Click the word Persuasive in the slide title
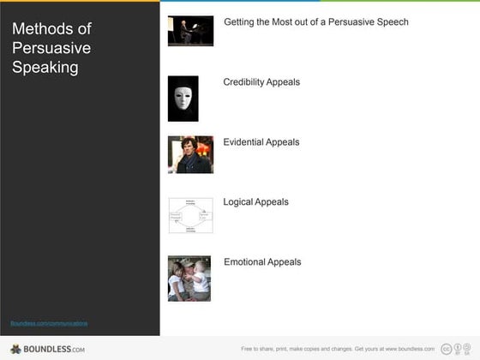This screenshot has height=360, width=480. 51,48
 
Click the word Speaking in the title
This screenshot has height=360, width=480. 45,67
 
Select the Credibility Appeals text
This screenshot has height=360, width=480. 261,82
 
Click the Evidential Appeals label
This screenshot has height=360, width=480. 261,142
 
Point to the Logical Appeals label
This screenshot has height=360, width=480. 255,202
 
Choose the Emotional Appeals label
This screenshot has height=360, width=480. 262,262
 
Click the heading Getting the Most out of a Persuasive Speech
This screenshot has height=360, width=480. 315,22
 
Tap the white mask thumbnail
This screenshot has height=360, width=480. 183,98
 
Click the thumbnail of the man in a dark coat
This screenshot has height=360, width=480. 190,154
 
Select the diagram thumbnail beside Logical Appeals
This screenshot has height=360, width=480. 190,215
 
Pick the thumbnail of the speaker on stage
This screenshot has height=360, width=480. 190,30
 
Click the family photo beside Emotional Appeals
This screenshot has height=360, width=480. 189,279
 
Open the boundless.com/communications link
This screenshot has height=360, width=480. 49,323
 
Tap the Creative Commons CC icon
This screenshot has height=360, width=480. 445,349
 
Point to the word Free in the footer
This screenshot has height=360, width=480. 247,349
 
